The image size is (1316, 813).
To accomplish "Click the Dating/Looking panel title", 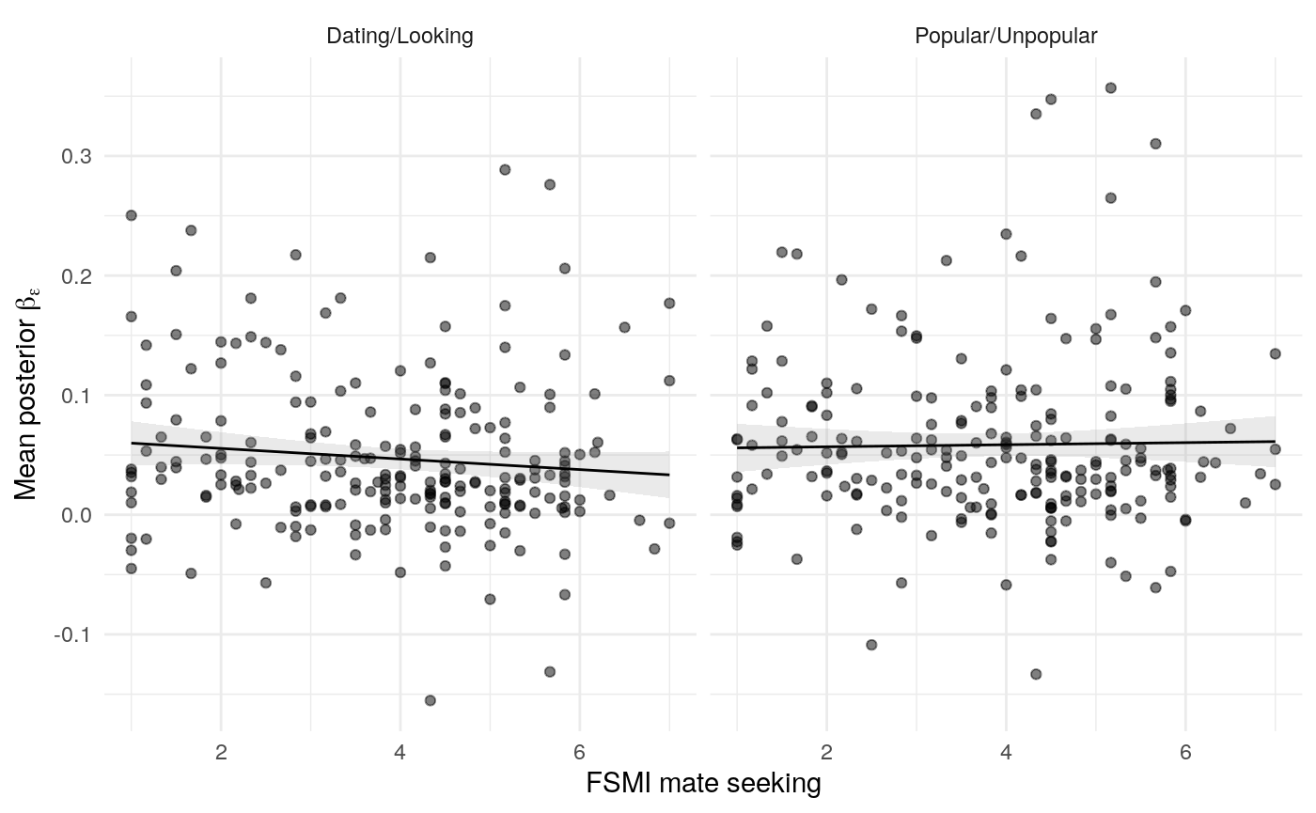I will pyautogui.click(x=399, y=37).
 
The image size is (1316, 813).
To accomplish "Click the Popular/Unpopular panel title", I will pyautogui.click(x=1006, y=37).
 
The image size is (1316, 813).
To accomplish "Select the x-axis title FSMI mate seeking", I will pyautogui.click(x=703, y=783).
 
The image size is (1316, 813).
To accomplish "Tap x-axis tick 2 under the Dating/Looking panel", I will pyautogui.click(x=221, y=749).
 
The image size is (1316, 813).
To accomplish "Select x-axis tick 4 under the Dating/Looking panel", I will pyautogui.click(x=400, y=749).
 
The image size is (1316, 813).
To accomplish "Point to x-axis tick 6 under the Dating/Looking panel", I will pyautogui.click(x=579, y=749).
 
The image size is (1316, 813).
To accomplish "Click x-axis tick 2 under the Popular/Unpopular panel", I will pyautogui.click(x=826, y=749).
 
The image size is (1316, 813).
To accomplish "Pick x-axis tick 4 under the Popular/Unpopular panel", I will pyautogui.click(x=1006, y=749).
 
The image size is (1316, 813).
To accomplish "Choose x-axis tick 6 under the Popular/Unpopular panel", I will pyautogui.click(x=1185, y=749).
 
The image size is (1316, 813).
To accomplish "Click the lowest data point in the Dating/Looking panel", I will pyautogui.click(x=431, y=700).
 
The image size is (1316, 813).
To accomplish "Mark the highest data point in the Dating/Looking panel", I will pyautogui.click(x=505, y=169).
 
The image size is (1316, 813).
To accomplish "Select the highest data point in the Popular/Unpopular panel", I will pyautogui.click(x=1110, y=87).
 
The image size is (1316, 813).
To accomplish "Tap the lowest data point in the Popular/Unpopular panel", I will pyautogui.click(x=1036, y=674).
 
